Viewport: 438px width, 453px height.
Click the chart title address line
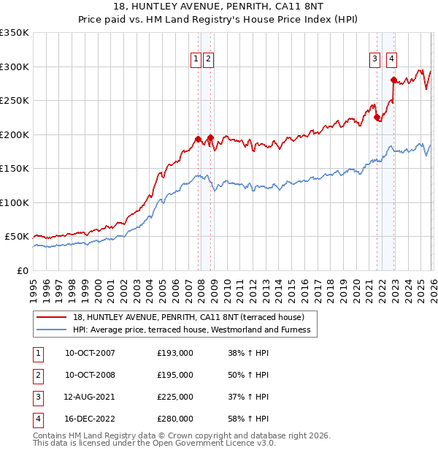[218, 7]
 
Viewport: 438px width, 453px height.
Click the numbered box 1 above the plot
[196, 60]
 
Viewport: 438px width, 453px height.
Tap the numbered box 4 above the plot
[392, 60]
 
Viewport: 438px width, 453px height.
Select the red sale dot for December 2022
[393, 80]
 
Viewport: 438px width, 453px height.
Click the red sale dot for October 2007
[198, 139]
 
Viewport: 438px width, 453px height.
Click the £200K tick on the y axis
[15, 134]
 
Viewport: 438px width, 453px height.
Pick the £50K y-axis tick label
[17, 237]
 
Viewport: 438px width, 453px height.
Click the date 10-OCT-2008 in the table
[90, 375]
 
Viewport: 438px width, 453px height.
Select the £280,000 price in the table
[175, 419]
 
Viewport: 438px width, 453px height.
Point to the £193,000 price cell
[175, 353]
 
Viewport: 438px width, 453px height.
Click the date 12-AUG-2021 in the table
[90, 397]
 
